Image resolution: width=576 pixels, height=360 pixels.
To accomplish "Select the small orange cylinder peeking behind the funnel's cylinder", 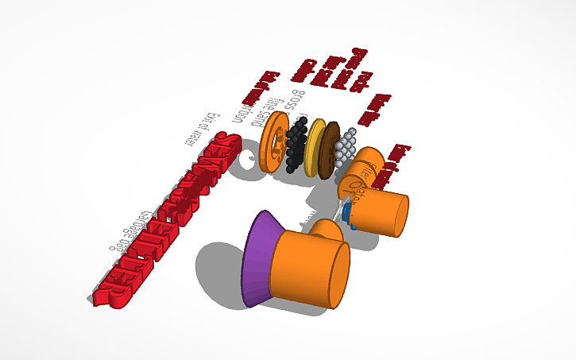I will (327, 231).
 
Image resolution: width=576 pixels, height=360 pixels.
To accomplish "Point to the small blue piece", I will (348, 215).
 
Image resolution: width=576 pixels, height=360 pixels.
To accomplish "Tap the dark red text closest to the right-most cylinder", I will (403, 159).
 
